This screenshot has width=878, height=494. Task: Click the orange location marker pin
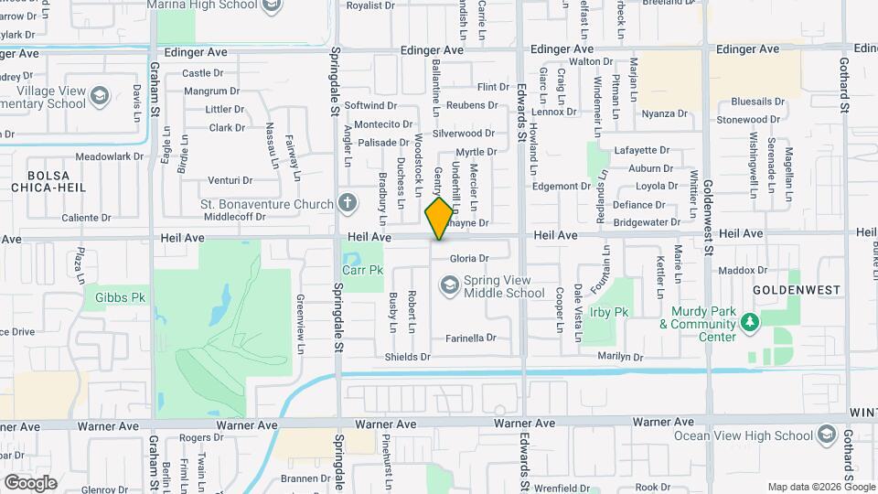(439, 219)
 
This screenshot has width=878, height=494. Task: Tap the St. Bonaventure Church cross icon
(347, 202)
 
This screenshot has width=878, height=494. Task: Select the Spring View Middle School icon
(449, 287)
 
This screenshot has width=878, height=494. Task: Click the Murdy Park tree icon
(750, 322)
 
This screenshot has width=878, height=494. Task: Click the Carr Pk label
(363, 270)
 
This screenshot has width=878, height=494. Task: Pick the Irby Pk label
(608, 312)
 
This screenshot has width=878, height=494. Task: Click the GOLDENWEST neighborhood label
(796, 289)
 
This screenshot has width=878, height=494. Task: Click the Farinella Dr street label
(470, 338)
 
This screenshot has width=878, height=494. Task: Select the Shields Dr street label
(407, 357)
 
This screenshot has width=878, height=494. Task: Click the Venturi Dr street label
(230, 180)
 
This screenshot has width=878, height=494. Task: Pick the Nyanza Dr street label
(664, 113)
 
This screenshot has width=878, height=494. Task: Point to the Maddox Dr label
(742, 270)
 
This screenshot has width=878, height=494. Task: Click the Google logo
(30, 482)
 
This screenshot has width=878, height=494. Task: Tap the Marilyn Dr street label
(620, 356)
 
